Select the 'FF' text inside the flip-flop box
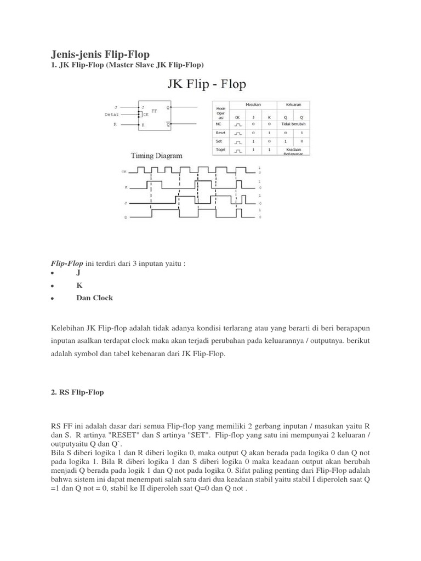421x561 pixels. point(153,110)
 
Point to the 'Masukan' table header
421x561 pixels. point(253,104)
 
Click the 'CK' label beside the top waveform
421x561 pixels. point(123,171)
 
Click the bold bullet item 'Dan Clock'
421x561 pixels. point(95,297)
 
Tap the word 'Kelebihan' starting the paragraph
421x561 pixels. point(67,328)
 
